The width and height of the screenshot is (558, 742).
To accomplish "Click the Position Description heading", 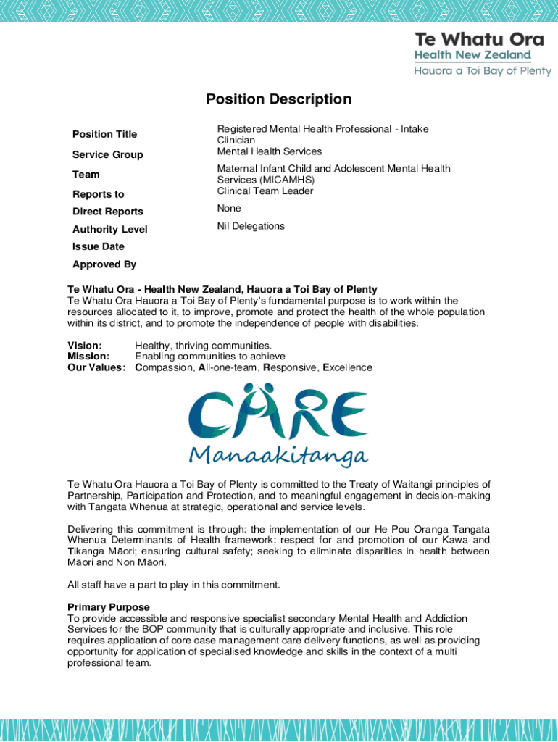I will pos(278,99).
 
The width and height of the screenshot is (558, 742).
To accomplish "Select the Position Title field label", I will pos(104,134).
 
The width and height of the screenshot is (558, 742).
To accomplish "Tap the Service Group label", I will pos(107,154).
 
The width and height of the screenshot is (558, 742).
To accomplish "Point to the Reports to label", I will pos(98,194).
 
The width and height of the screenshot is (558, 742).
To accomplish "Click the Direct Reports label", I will pos(107,212).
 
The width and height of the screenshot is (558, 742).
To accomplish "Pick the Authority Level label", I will pos(109,229).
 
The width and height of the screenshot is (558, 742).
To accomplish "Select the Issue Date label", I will pos(98,246).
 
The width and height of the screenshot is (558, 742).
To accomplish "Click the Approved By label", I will pos(104,264).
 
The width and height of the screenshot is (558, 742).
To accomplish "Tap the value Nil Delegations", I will pos(251,226).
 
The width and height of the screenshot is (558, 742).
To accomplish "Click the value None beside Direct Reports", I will pos(229,208).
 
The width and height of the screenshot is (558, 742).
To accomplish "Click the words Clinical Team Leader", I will pos(265,191).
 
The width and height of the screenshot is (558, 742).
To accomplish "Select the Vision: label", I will pos(85,346).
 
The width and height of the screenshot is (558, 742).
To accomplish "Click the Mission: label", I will pos(88,357).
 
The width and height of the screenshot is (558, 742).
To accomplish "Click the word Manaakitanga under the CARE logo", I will pos(279,455).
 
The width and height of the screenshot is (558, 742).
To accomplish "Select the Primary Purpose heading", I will pos(109,607).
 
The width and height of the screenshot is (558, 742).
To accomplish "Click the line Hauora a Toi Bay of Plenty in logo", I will pos(483,71).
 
